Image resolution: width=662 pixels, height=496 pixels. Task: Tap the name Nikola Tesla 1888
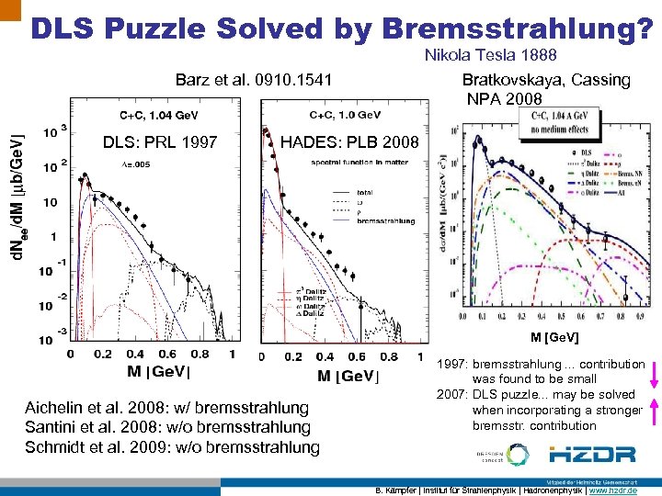coord(490,56)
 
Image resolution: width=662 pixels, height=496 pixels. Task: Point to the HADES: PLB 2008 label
coord(349,141)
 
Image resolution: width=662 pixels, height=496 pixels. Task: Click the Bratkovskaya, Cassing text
coord(545,80)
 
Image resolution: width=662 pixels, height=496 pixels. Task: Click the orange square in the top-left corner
coord(10,10)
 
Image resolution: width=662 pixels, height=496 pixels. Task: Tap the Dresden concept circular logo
coord(517,454)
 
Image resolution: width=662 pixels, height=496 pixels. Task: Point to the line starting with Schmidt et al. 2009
coord(181,447)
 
